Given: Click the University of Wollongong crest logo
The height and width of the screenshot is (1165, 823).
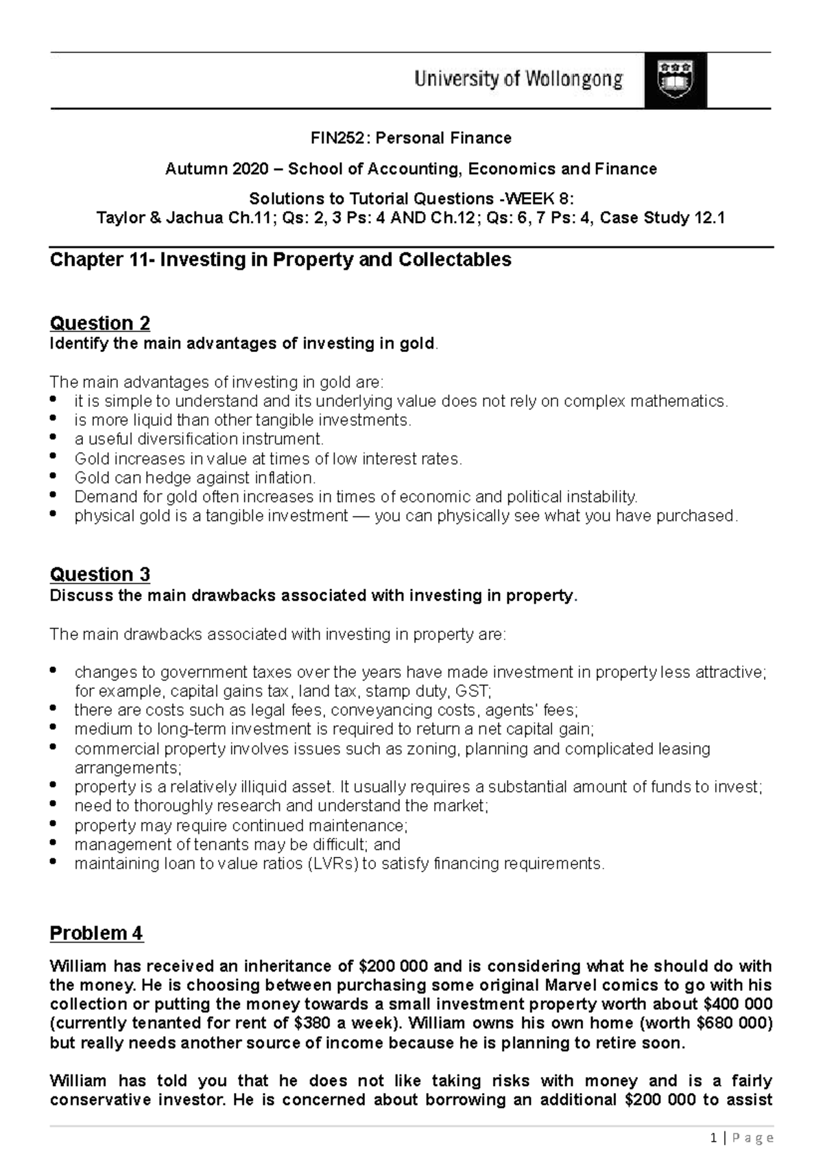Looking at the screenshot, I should (x=675, y=80).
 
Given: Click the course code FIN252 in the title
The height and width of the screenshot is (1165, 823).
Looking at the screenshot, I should (x=333, y=139).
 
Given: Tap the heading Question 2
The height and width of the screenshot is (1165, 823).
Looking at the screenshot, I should (x=100, y=323).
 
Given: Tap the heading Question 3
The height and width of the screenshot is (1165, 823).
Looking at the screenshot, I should (x=100, y=574).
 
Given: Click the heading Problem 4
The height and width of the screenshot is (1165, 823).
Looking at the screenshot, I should (x=97, y=934).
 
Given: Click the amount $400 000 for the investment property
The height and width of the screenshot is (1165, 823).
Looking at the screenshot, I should (x=738, y=1005).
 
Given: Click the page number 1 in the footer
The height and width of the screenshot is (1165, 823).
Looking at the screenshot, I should (x=715, y=1138).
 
